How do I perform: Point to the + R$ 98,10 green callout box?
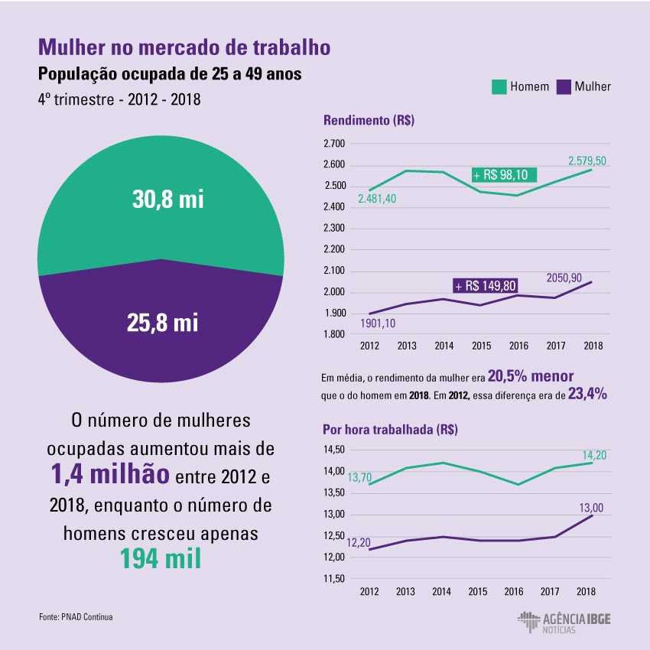[504, 174]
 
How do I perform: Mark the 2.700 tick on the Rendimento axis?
[335, 144]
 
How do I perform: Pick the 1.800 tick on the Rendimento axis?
[335, 335]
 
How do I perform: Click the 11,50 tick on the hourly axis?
[336, 579]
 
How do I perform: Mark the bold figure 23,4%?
[587, 395]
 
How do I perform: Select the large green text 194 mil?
[161, 558]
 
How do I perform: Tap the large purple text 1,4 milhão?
[111, 475]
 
